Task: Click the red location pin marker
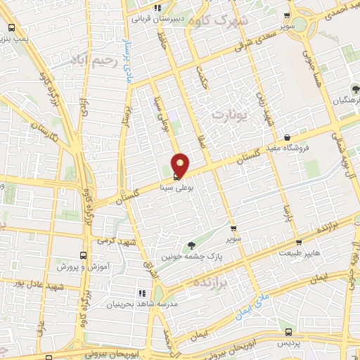[x=181, y=164]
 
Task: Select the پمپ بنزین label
[x=16, y=39]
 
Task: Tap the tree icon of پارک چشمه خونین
[x=191, y=245]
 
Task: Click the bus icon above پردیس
[x=288, y=332]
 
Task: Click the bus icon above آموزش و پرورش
[x=83, y=256]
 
